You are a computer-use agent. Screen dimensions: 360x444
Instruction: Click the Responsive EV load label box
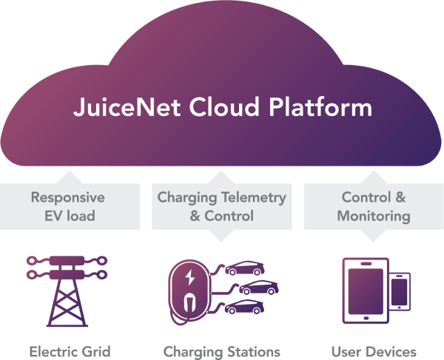[x=67, y=206]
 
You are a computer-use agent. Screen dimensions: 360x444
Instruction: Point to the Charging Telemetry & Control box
[x=221, y=206]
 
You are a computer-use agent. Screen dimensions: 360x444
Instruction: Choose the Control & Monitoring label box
[x=374, y=206]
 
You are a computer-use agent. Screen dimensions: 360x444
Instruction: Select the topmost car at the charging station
[x=246, y=268]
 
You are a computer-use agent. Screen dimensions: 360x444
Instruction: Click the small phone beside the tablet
[x=400, y=291]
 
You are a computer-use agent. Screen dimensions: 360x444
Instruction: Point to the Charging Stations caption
[x=221, y=350]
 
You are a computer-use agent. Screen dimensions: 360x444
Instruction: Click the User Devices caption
[x=374, y=350]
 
